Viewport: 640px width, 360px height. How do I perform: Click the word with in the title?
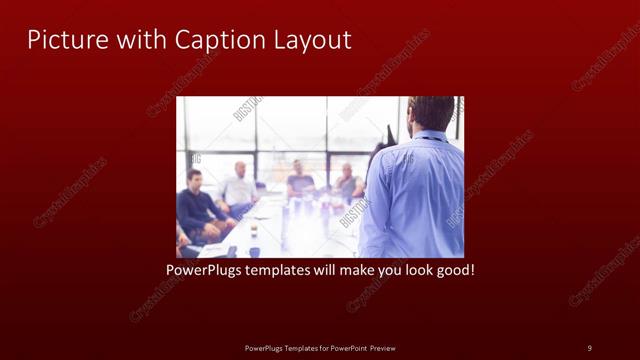tap(141, 40)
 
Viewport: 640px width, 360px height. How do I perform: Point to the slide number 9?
tap(589, 347)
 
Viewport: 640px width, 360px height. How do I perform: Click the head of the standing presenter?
tap(432, 113)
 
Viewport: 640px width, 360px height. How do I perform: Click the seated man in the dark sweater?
tap(198, 205)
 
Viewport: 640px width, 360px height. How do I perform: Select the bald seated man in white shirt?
tap(240, 186)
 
